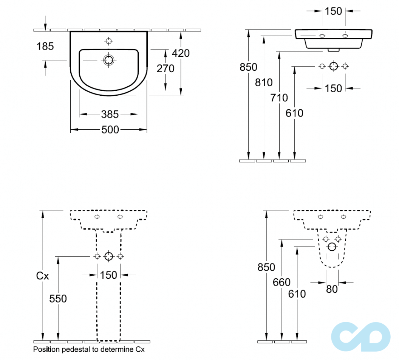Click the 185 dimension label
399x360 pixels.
pos(45,47)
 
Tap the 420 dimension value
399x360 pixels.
pos(181,53)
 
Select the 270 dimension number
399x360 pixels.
pos(165,68)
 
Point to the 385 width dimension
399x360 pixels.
pos(110,114)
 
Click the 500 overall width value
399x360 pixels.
pos(110,130)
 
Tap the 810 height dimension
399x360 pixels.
pos(264,82)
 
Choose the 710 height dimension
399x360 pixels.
pos(279,98)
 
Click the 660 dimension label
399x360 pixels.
pos(282,282)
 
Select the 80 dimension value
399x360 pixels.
pos(332,289)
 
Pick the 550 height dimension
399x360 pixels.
pos(58,299)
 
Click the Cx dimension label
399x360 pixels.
pos(42,276)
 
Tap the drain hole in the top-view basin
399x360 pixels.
pos(109,60)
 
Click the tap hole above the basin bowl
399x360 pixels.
pos(109,41)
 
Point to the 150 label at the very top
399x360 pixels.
pos(333,11)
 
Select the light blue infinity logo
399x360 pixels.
pos(361,337)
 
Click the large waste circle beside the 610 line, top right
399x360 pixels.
pos(334,67)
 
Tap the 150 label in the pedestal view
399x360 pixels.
pos(108,275)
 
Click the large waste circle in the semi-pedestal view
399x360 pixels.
pos(332,247)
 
